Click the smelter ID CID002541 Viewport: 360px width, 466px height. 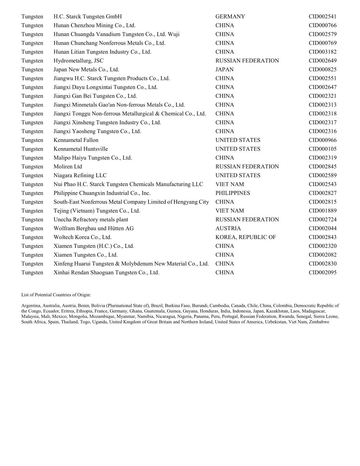point(322,17)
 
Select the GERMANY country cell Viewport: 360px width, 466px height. point(230,17)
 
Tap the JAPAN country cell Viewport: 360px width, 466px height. point(225,70)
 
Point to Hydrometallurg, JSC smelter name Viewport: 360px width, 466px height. point(78,61)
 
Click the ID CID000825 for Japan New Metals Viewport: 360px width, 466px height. point(322,70)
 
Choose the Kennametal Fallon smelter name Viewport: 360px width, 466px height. point(76,140)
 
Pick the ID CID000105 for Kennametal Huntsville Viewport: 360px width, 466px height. point(322,149)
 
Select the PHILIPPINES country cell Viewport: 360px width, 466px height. point(233,193)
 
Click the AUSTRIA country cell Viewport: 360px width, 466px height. point(228,228)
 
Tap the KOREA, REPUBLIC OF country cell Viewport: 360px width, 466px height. point(245,237)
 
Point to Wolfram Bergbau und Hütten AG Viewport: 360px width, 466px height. point(93,228)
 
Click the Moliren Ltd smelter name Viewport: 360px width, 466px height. point(68,167)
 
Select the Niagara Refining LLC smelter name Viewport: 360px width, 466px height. point(80,175)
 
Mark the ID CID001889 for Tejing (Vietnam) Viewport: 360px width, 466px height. point(322,211)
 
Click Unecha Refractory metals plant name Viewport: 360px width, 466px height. point(91,220)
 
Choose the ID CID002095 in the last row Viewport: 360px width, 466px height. point(322,273)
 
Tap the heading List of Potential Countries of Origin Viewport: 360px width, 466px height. point(56,295)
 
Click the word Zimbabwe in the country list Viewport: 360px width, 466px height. point(319,322)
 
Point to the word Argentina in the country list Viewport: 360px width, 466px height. point(31,306)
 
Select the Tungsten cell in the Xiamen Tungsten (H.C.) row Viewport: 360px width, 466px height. point(32,246)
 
